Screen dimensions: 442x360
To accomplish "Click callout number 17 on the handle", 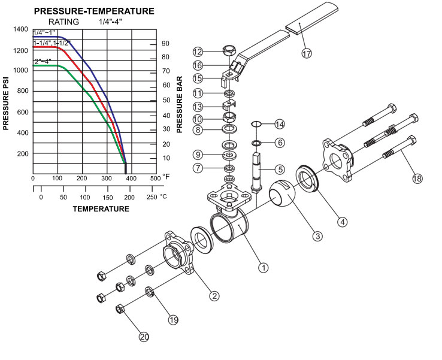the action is [307, 53].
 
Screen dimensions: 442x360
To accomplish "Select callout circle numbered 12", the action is [198, 52].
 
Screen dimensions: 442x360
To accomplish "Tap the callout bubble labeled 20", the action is [144, 337].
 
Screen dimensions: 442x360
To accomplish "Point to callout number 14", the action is [279, 124].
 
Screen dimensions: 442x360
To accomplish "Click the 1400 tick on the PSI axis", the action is [20, 29].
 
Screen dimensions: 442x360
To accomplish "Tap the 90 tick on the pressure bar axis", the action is [165, 43].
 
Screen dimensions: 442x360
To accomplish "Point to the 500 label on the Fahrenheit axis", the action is [155, 179].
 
